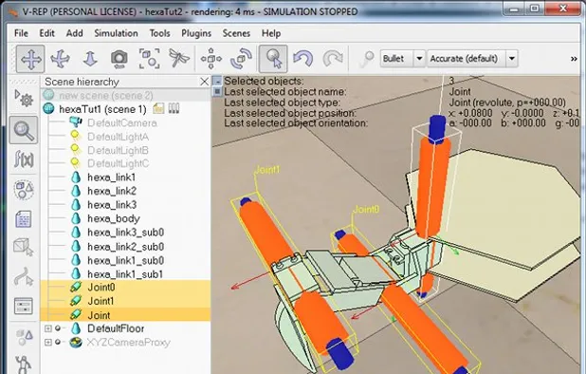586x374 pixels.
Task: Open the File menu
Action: pyautogui.click(x=22, y=32)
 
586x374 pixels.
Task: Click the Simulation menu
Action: pyautogui.click(x=116, y=32)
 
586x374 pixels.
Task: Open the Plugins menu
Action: pyautogui.click(x=196, y=32)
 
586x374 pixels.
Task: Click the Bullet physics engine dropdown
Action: pyautogui.click(x=401, y=58)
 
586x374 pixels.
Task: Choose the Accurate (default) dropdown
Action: pyautogui.click(x=471, y=58)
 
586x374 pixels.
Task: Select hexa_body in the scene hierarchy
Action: pyautogui.click(x=113, y=218)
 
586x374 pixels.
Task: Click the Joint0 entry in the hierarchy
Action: pyautogui.click(x=101, y=287)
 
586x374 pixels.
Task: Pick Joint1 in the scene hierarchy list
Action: pyautogui.click(x=101, y=301)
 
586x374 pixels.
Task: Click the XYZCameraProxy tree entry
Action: pyautogui.click(x=128, y=342)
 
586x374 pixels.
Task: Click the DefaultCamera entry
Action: pyautogui.click(x=121, y=122)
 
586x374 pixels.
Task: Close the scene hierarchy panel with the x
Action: pyautogui.click(x=205, y=83)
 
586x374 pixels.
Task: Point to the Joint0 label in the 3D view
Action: pyautogui.click(x=366, y=209)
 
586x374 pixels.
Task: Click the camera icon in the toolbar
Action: pyautogui.click(x=119, y=58)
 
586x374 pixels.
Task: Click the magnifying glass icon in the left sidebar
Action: pyautogui.click(x=23, y=130)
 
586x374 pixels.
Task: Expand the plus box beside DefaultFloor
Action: pyautogui.click(x=48, y=328)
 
